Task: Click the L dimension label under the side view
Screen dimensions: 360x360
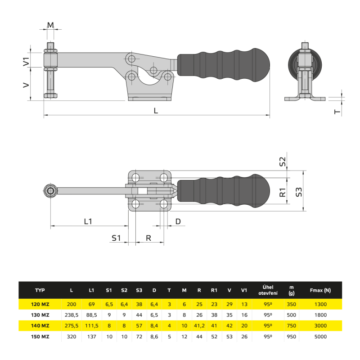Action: tap(156, 111)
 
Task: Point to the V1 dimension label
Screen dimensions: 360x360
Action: tap(26, 62)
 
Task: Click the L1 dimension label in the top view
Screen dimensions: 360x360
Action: tap(88, 221)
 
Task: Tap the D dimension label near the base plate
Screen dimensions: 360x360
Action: tap(178, 221)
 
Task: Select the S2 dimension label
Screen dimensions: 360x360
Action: tap(283, 162)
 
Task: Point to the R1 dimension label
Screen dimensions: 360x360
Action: tap(283, 193)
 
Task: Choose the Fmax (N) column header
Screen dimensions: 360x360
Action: tap(320, 290)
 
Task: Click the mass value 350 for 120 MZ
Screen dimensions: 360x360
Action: tap(291, 304)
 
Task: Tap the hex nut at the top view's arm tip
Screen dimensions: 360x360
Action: tap(50, 191)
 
